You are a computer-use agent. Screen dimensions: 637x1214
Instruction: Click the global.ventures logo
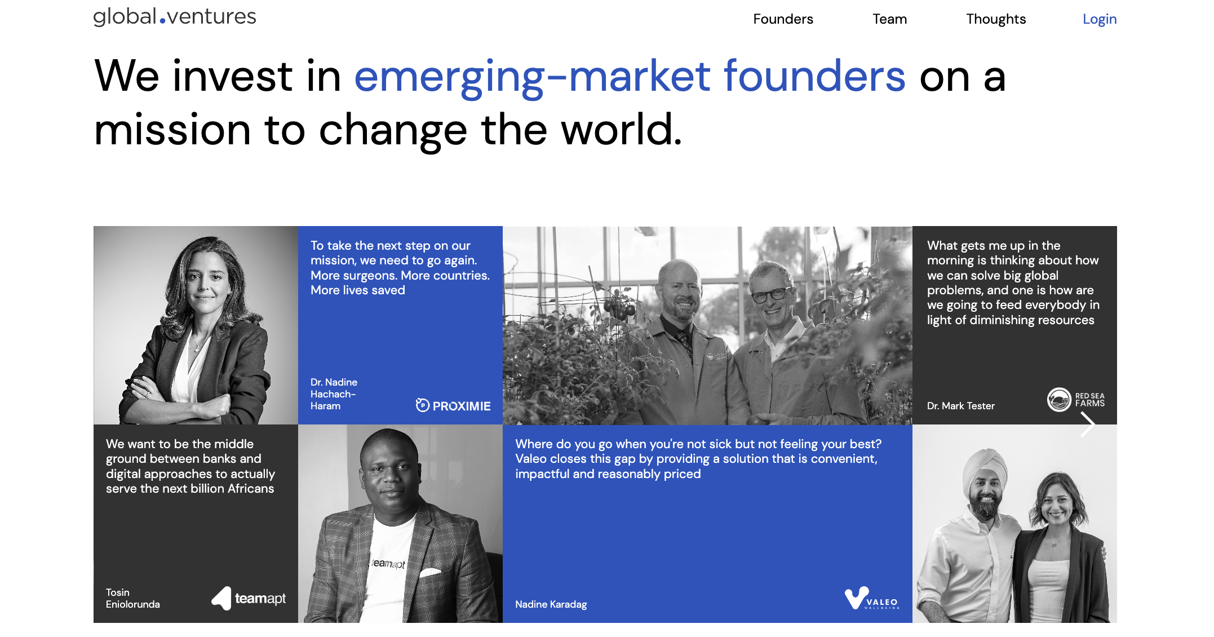point(175,17)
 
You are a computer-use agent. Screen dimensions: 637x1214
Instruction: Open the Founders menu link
point(783,19)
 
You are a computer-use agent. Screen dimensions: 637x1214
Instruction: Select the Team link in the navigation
point(889,19)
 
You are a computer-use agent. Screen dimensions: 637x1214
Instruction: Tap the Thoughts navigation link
point(996,19)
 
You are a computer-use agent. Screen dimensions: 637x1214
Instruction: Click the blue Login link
point(1099,19)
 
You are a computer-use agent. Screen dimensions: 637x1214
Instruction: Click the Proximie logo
point(453,405)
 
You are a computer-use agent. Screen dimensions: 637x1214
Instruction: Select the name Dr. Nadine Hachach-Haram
point(334,394)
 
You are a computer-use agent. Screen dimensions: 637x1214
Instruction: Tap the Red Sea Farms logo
point(1075,400)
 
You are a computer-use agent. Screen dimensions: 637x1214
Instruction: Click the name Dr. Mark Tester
point(960,406)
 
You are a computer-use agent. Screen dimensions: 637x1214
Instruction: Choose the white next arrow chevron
point(1088,424)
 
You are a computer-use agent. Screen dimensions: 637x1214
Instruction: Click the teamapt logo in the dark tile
point(249,598)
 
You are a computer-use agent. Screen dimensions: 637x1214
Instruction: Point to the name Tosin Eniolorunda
point(132,598)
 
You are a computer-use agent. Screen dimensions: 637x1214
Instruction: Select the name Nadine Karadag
point(551,604)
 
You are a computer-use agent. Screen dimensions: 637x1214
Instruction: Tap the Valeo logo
point(871,599)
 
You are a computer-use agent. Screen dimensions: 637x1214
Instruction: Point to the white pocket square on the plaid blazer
point(431,573)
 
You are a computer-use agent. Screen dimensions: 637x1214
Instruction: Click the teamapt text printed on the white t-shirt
point(388,563)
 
